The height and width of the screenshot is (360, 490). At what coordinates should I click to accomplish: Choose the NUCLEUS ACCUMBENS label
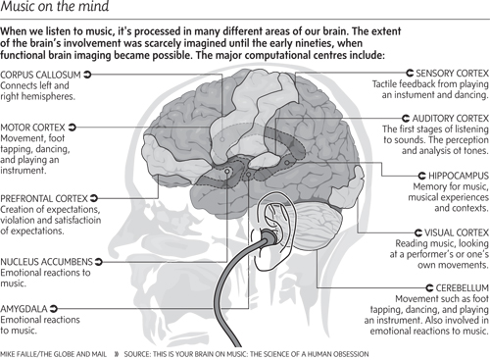[46, 262]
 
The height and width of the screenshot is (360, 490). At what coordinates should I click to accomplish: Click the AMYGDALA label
[26, 308]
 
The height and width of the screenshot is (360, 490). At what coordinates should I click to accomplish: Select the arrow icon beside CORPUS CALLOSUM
[88, 74]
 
